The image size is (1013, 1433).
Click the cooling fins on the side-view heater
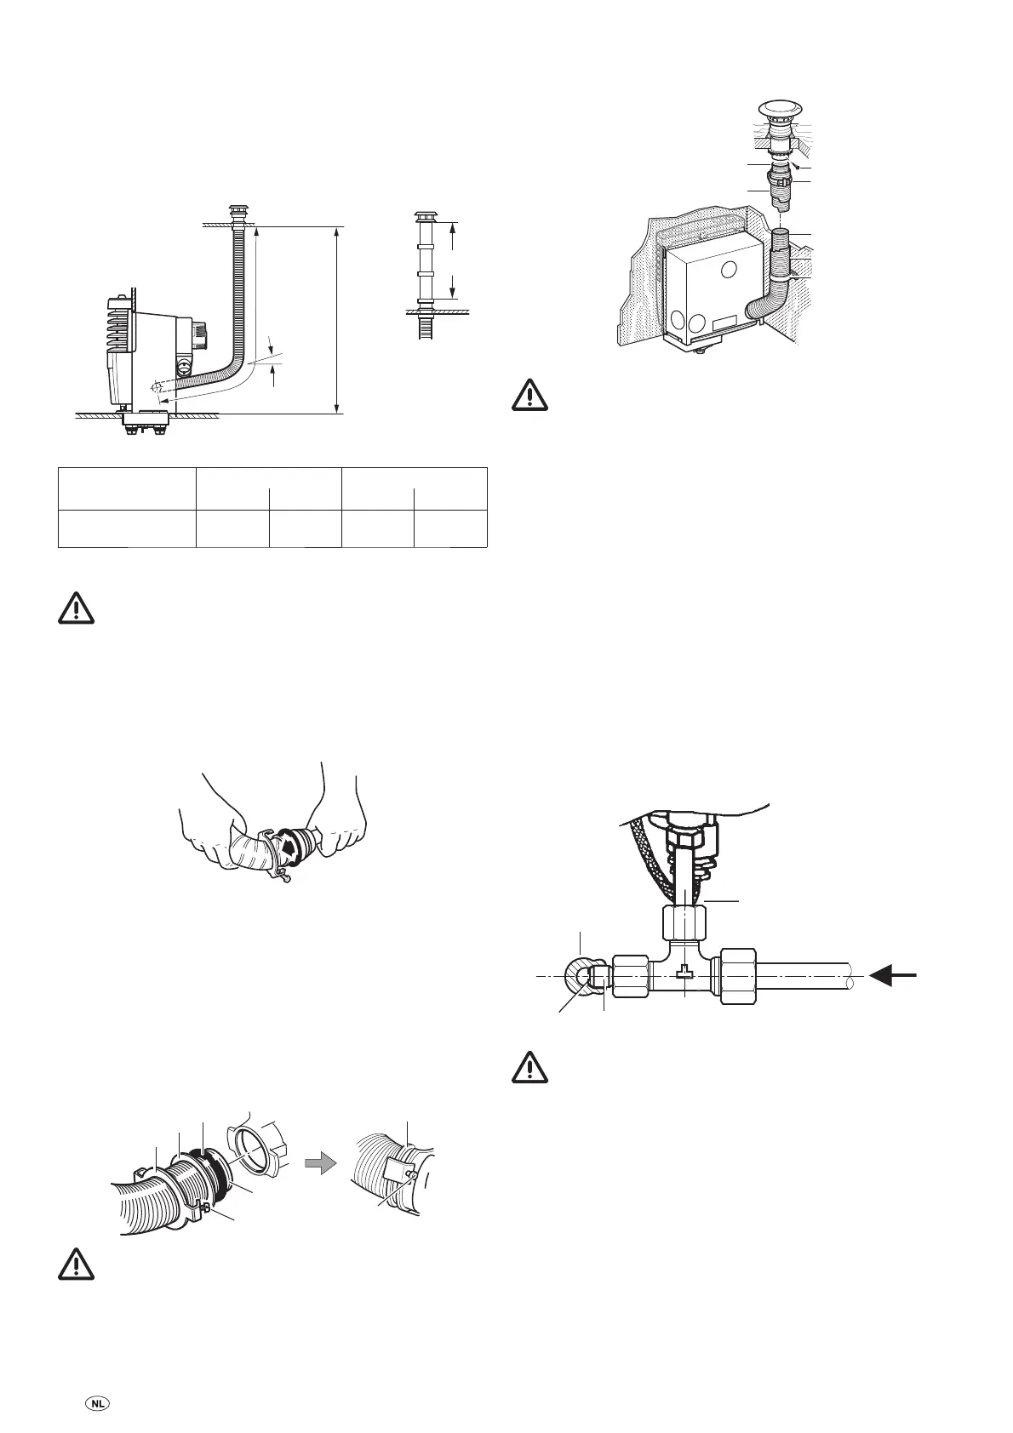[x=119, y=323]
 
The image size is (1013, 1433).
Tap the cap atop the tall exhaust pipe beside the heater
[x=237, y=209]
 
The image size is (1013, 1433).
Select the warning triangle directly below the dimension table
[x=77, y=608]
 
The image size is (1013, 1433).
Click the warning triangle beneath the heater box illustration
[x=529, y=395]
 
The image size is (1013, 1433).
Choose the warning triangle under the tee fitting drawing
[x=529, y=1067]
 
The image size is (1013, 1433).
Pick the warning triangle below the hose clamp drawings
[x=77, y=1264]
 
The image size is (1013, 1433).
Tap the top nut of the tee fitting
[x=684, y=921]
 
